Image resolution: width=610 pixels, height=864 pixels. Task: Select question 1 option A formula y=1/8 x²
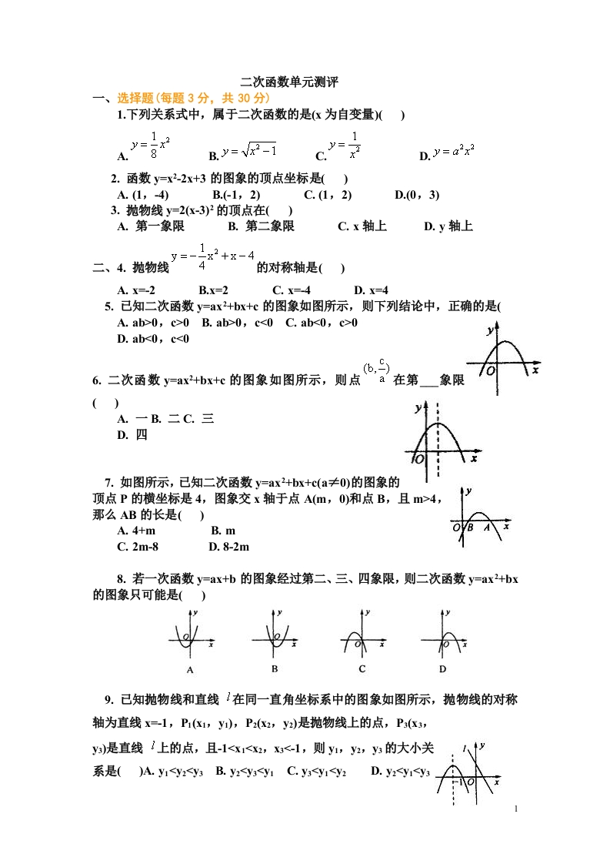click(151, 143)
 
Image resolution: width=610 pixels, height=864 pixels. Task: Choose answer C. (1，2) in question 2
click(328, 195)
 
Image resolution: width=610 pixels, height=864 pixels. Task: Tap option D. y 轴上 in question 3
click(448, 226)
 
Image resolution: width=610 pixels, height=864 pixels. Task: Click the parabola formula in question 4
click(212, 255)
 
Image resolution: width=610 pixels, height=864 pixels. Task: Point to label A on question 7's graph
click(487, 527)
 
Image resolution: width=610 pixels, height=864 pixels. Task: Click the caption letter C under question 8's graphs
click(362, 669)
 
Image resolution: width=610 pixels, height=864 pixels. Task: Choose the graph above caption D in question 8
click(445, 636)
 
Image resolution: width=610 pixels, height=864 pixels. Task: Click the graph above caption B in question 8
click(273, 636)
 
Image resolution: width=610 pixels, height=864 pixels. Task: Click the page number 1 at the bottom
click(516, 809)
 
